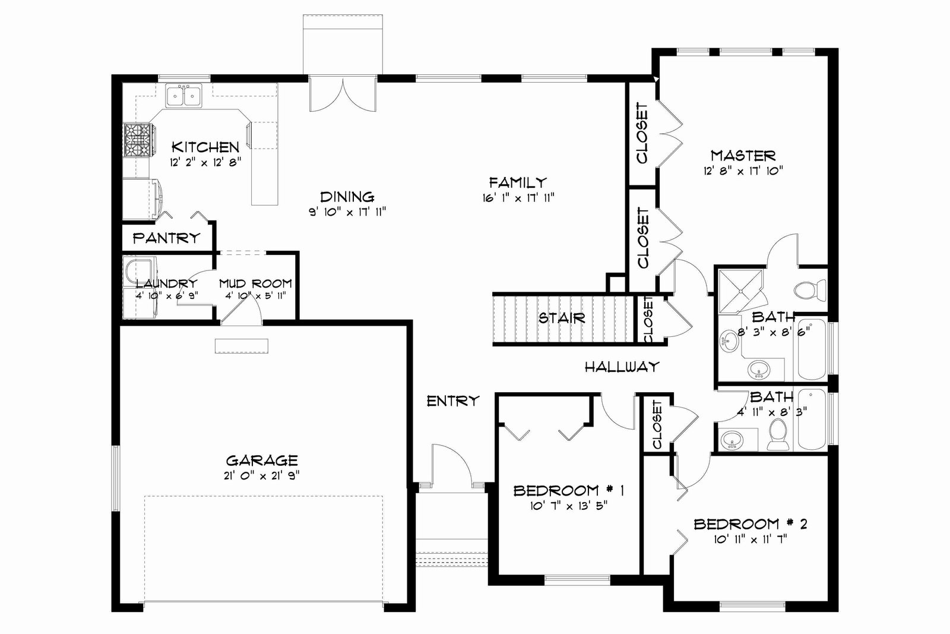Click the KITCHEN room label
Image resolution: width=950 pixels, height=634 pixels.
pyautogui.click(x=205, y=147)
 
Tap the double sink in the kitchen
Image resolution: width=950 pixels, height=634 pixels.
pyautogui.click(x=184, y=95)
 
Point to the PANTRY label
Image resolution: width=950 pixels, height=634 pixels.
pyautogui.click(x=166, y=238)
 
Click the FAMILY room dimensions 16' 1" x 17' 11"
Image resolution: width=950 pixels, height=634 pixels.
pyautogui.click(x=518, y=198)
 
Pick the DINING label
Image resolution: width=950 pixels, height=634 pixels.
pyautogui.click(x=347, y=197)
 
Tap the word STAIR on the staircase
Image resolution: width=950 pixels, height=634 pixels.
pyautogui.click(x=562, y=318)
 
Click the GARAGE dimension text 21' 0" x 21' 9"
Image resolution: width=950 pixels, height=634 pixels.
pyautogui.click(x=262, y=476)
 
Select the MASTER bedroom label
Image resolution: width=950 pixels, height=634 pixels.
pyautogui.click(x=743, y=156)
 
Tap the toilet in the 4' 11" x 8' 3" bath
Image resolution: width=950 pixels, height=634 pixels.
pyautogui.click(x=777, y=434)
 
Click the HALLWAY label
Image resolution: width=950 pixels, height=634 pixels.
pyautogui.click(x=622, y=367)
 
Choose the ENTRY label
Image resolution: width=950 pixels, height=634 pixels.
pyautogui.click(x=453, y=400)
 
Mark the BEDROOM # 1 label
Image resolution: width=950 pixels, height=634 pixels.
pyautogui.click(x=569, y=491)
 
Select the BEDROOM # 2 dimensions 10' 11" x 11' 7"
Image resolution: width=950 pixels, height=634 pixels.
pyautogui.click(x=750, y=540)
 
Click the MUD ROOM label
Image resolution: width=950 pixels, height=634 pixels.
pyautogui.click(x=255, y=283)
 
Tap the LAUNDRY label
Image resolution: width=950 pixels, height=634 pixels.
pyautogui.click(x=167, y=283)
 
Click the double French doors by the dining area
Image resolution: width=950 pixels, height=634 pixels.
pyautogui.click(x=343, y=94)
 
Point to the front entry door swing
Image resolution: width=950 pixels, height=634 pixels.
pyautogui.click(x=451, y=464)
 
